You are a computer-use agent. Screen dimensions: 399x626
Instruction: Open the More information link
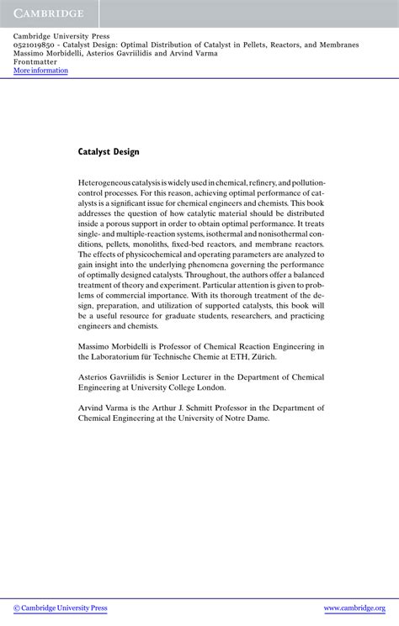click(x=40, y=71)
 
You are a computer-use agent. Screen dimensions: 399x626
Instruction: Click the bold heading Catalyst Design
click(x=109, y=152)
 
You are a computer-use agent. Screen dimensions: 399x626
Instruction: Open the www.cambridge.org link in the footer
click(x=354, y=608)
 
